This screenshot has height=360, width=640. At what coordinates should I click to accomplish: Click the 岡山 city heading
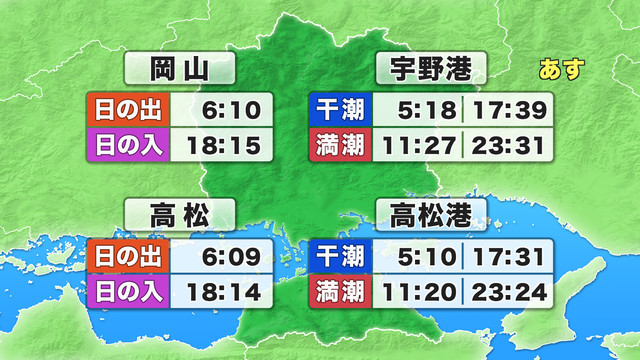pyautogui.click(x=179, y=70)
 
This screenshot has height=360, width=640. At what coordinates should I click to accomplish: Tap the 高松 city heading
pyautogui.click(x=179, y=214)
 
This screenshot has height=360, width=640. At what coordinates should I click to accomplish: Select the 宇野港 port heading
pyautogui.click(x=430, y=70)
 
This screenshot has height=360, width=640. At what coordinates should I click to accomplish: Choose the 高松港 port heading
pyautogui.click(x=430, y=214)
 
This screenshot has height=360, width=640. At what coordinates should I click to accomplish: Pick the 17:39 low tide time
pyautogui.click(x=509, y=108)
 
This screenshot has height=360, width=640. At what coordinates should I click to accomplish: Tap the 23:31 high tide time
pyautogui.click(x=509, y=145)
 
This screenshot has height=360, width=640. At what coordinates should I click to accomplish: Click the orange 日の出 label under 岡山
pyautogui.click(x=129, y=108)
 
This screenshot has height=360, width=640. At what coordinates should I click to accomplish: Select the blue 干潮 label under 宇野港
pyautogui.click(x=339, y=108)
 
